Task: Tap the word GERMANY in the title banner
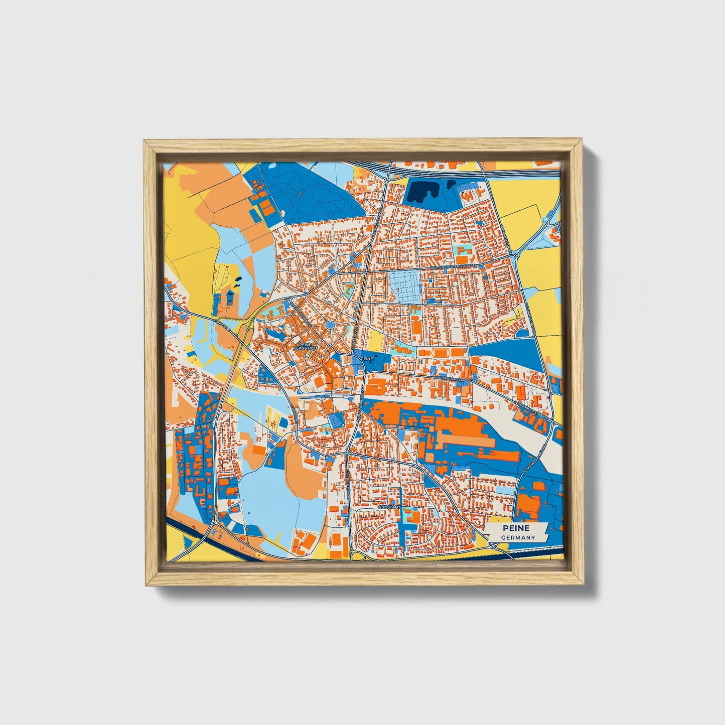[x=517, y=537]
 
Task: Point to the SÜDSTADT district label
[x=389, y=507]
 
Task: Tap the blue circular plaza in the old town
[x=330, y=326]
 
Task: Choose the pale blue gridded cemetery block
[x=404, y=286]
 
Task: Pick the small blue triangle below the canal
[x=189, y=542]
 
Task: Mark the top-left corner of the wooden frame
[x=144, y=141]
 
